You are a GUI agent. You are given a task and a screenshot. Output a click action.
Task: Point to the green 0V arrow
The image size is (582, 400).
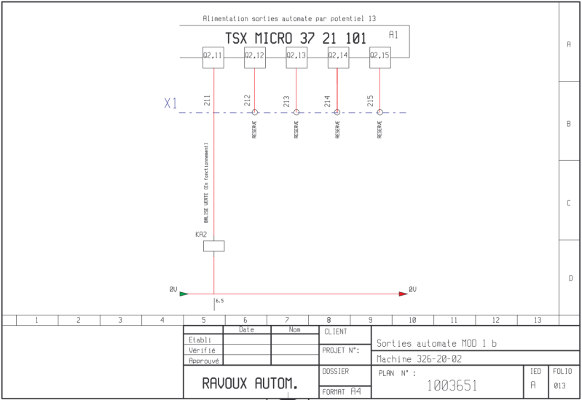[184, 294]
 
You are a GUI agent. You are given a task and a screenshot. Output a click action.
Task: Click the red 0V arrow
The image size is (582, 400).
[404, 294]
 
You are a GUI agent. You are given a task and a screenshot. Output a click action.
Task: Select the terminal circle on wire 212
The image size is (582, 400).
[255, 112]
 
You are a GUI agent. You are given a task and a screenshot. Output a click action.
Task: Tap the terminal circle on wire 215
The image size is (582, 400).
[380, 112]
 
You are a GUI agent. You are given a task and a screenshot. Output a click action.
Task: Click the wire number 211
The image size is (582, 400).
[207, 101]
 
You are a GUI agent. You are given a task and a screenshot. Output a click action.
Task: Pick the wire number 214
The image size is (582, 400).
[327, 101]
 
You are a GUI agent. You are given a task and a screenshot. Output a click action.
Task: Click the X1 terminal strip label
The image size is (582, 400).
[170, 103]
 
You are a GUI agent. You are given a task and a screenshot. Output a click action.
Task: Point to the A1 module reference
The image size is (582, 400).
[393, 35]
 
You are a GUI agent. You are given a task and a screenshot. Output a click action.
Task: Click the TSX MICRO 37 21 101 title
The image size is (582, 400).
[296, 39]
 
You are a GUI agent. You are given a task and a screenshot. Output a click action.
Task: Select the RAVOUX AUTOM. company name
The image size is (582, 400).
[250, 383]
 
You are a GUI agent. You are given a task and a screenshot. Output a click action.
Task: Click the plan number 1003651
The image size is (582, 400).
[452, 385]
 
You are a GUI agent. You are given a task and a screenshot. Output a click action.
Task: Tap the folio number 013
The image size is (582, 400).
[559, 385]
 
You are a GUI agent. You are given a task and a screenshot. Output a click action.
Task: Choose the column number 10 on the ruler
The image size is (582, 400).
[412, 320]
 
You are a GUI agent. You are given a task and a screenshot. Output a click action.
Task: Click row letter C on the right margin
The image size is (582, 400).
[569, 203]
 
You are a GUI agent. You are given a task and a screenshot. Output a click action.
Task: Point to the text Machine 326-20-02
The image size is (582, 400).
[419, 358]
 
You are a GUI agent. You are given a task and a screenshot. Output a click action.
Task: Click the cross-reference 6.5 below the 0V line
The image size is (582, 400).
[220, 301]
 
